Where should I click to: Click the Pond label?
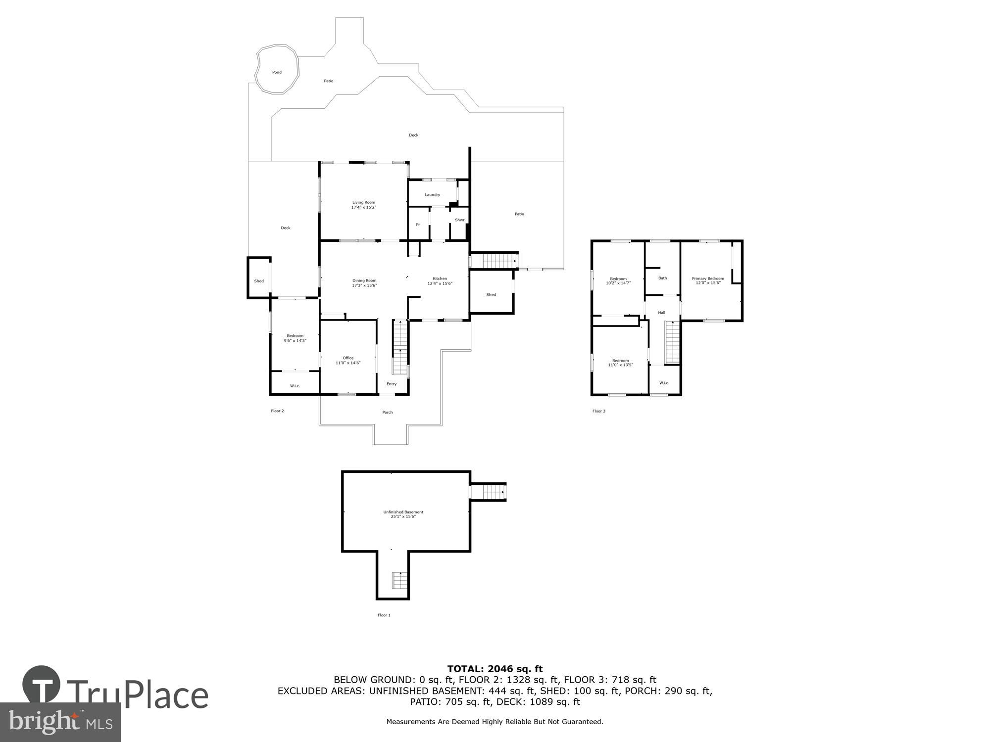coord(277,72)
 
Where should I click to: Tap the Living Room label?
coord(363,202)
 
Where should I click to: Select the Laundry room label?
coord(432,195)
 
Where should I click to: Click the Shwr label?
coord(459,220)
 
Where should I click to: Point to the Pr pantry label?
coord(418,225)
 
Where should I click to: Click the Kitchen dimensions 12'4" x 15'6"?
coord(440,283)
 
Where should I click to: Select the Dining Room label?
coord(364,280)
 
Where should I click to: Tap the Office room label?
coord(348,358)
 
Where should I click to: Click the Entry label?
coord(392,384)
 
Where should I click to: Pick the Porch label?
coord(387,413)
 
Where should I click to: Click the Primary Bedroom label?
coord(708,278)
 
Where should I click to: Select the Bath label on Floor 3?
coord(662,278)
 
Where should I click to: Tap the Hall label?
coord(661,313)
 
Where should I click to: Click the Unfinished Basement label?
coord(403,512)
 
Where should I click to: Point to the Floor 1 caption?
coord(384,615)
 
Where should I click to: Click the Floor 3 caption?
coord(598,411)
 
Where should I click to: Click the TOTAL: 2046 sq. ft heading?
coord(495,669)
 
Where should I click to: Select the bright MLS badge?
coord(60,722)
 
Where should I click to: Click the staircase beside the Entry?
coord(400,347)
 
